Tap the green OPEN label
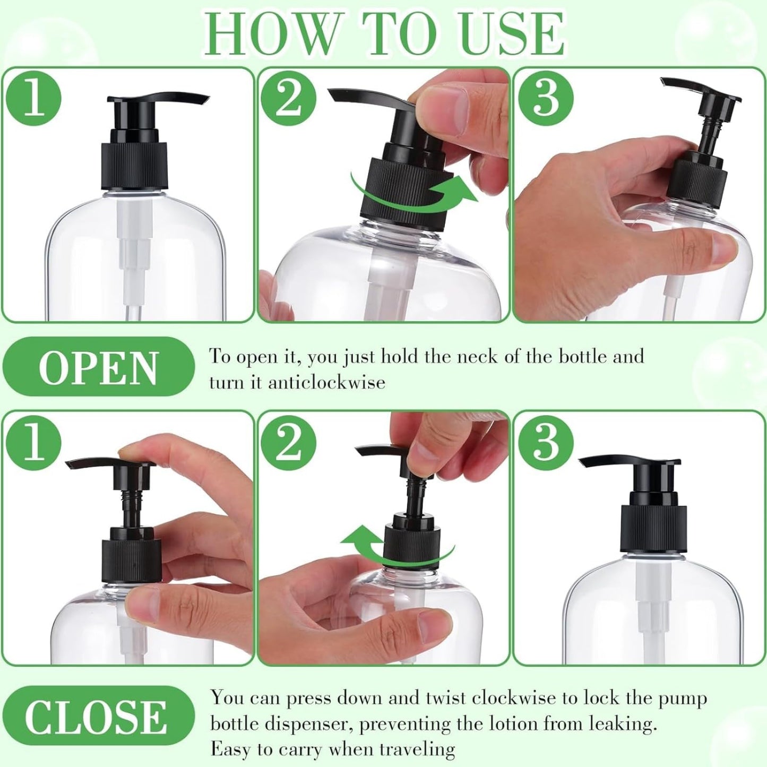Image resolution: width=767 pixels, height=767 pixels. pyautogui.click(x=98, y=367)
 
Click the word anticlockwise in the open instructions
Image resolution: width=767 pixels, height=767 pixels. pyautogui.click(x=326, y=382)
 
